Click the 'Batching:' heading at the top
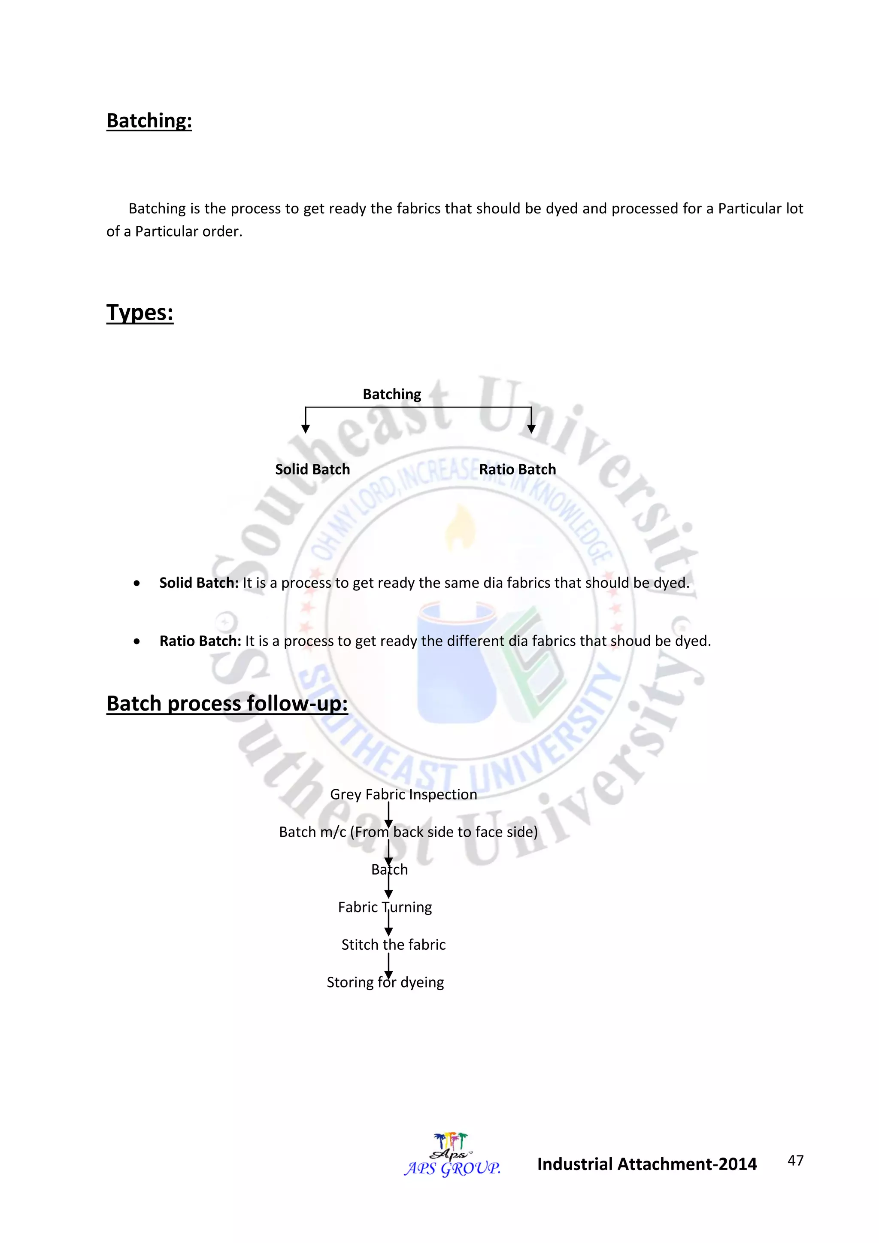pos(149,121)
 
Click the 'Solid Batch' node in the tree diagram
pos(312,469)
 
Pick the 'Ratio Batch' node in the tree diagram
pos(518,469)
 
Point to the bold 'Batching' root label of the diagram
pos(392,394)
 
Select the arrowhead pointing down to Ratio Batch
pos(531,429)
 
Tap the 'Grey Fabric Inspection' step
pos(403,794)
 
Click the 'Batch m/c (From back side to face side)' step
pos(408,832)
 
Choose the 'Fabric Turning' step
pos(385,907)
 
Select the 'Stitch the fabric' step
pos(394,945)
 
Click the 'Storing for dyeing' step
pos(385,982)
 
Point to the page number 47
pos(795,1160)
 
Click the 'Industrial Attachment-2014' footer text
pos(647,1164)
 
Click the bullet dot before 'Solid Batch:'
pos(137,583)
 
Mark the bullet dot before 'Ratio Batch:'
pos(137,641)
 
